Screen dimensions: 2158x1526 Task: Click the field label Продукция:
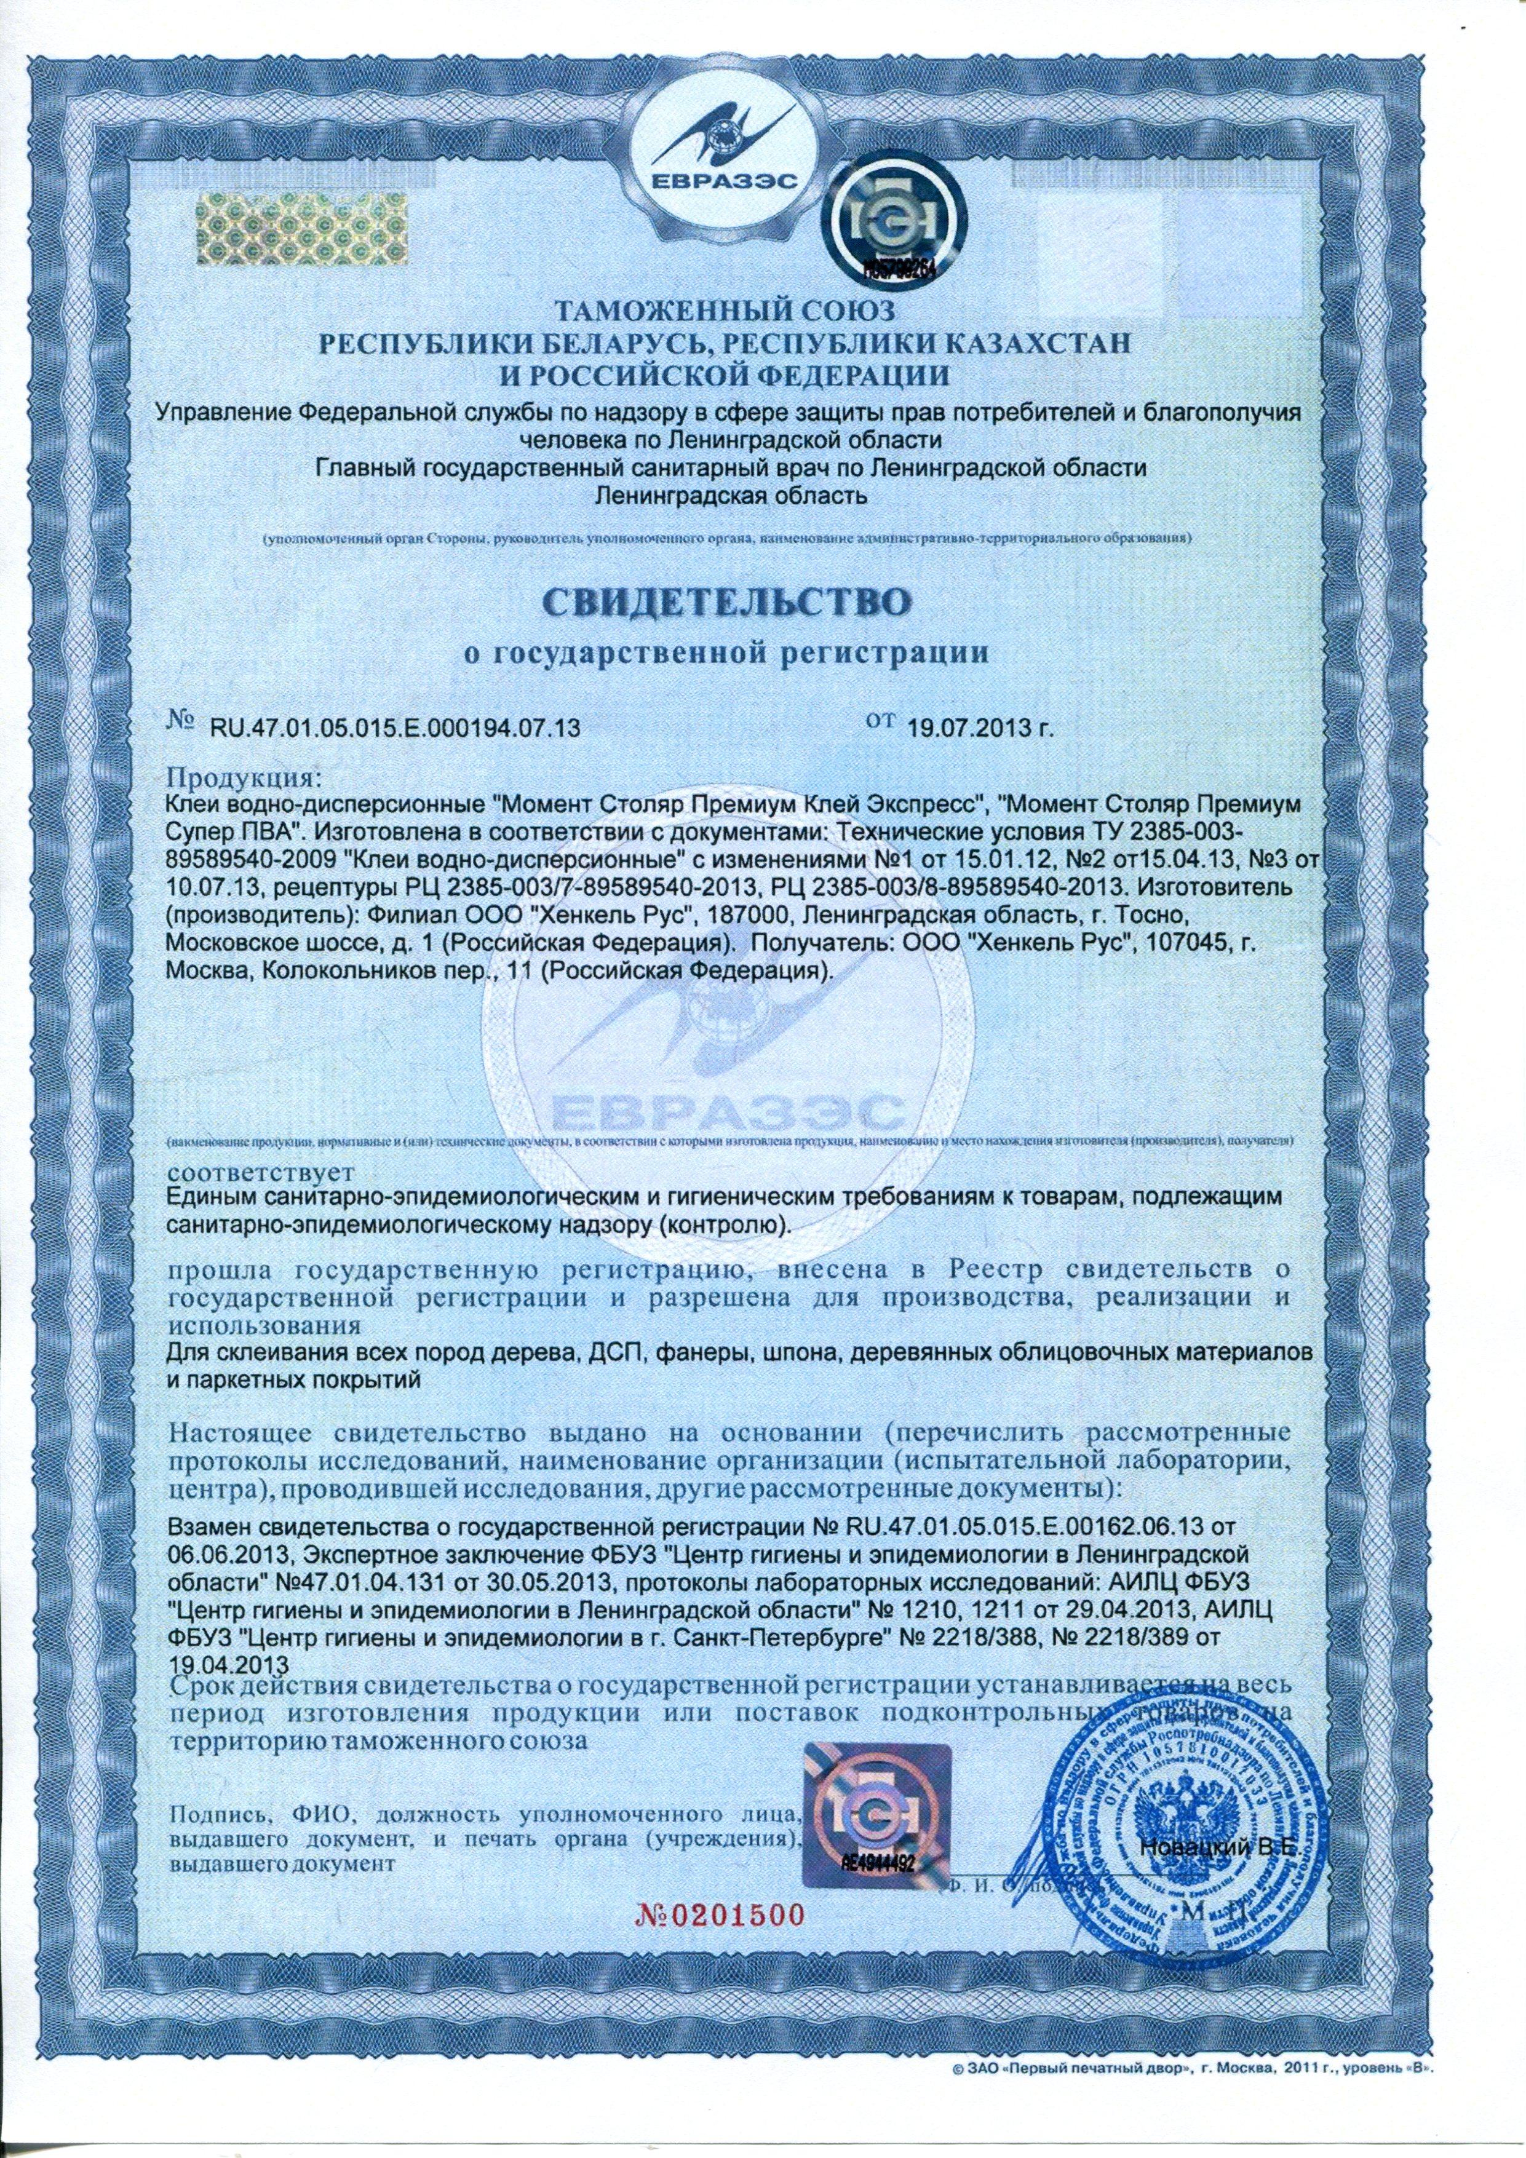244,780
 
